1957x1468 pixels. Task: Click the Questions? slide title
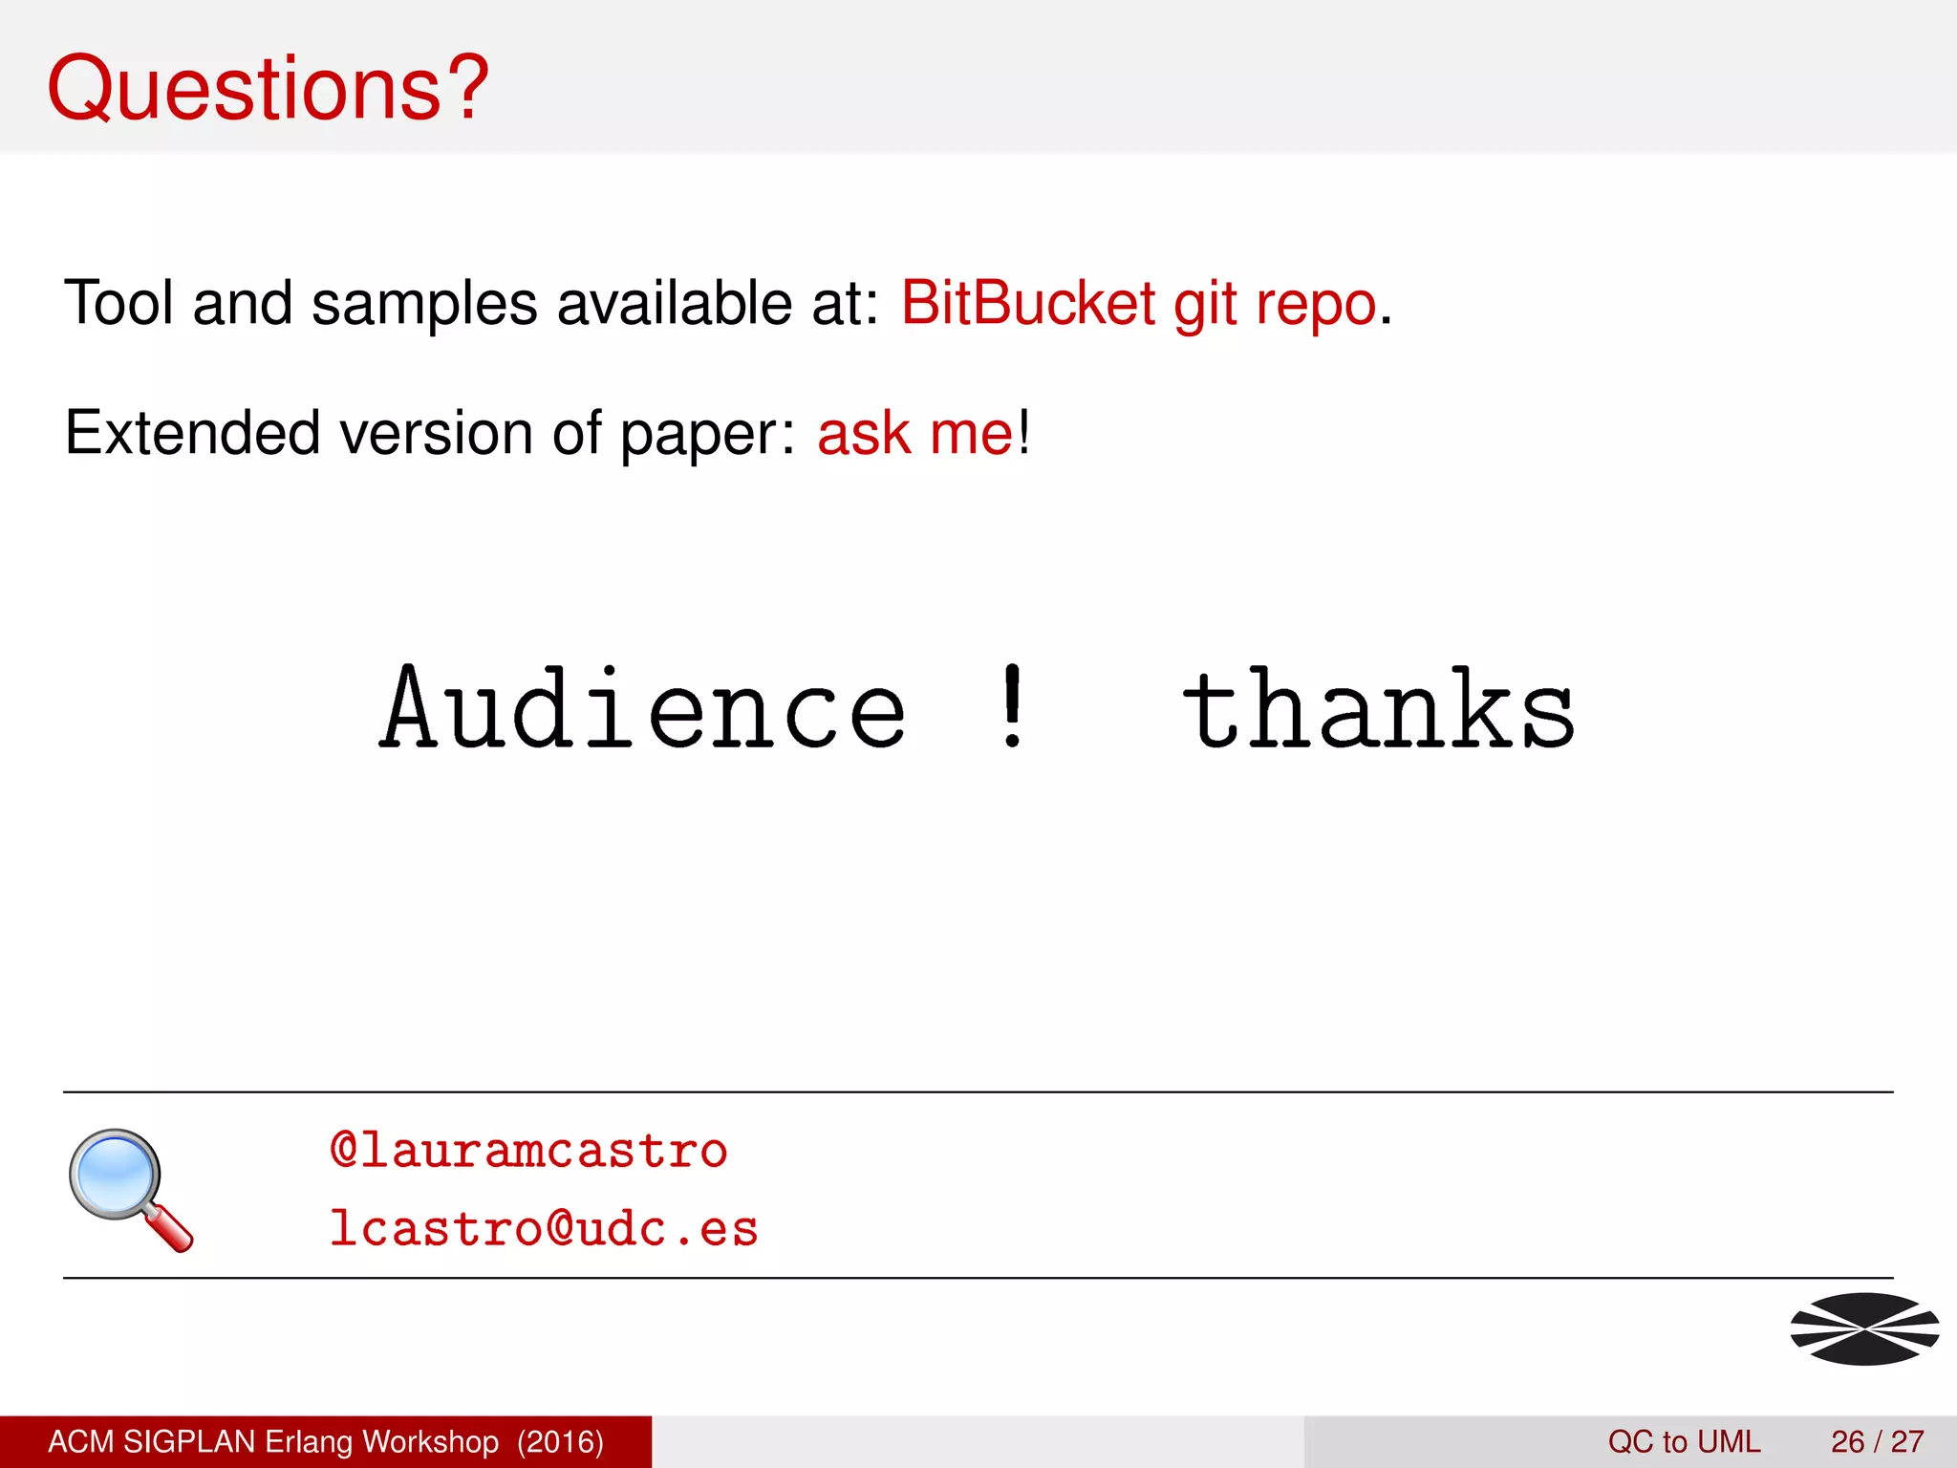pyautogui.click(x=268, y=88)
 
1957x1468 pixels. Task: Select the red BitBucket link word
pyautogui.click(x=1028, y=304)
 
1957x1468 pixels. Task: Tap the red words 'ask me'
pyautogui.click(x=914, y=433)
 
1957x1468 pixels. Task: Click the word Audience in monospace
pyautogui.click(x=642, y=710)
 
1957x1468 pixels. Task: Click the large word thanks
pyautogui.click(x=1378, y=710)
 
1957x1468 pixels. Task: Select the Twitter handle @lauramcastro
pyautogui.click(x=528, y=1150)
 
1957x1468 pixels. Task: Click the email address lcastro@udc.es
pyautogui.click(x=543, y=1229)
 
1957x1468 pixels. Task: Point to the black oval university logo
pyautogui.click(x=1864, y=1328)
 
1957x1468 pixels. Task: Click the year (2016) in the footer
pyautogui.click(x=560, y=1441)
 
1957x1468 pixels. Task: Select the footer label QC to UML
pyautogui.click(x=1684, y=1441)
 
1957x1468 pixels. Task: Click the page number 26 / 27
pyautogui.click(x=1877, y=1441)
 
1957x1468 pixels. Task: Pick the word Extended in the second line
pyautogui.click(x=191, y=433)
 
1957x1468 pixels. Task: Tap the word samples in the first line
pyautogui.click(x=424, y=304)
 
